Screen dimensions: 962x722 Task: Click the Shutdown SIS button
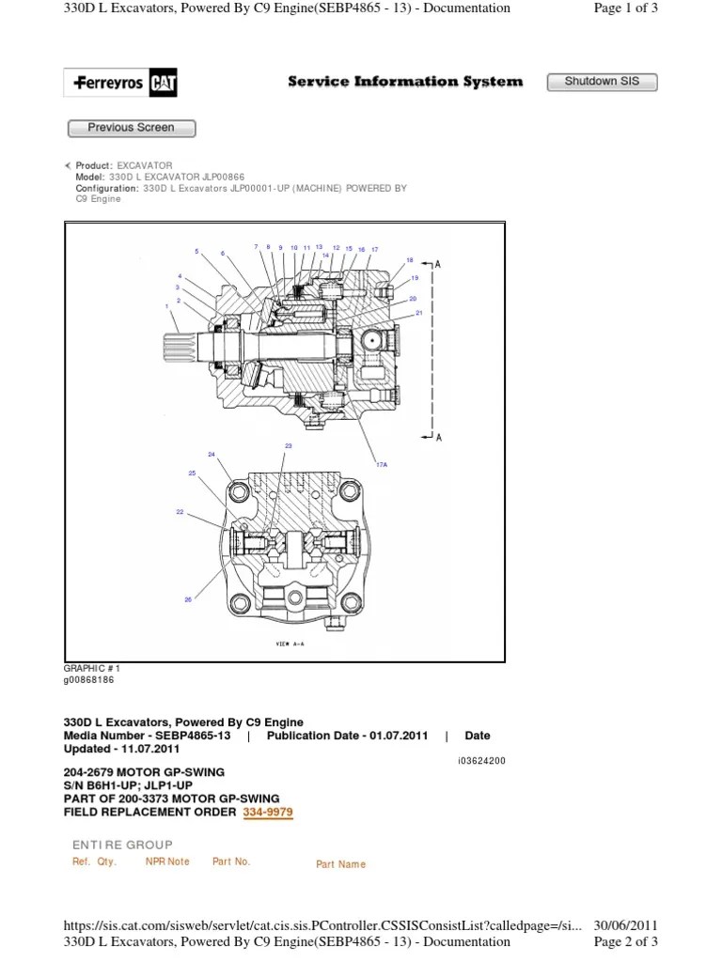click(x=602, y=82)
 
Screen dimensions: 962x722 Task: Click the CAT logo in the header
click(x=163, y=84)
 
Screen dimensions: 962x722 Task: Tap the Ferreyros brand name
click(x=109, y=84)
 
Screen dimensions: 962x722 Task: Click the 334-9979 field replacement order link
click(x=268, y=812)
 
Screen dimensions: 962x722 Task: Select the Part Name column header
click(x=340, y=864)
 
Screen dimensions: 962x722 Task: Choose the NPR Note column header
click(x=167, y=861)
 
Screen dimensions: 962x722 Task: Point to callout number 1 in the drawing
click(x=167, y=306)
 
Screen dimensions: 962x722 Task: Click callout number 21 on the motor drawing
click(x=419, y=313)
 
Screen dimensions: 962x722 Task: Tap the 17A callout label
click(x=383, y=463)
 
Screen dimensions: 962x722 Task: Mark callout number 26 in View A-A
click(x=188, y=599)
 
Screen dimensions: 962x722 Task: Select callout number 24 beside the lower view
click(x=212, y=455)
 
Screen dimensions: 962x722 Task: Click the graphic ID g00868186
click(x=88, y=679)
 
